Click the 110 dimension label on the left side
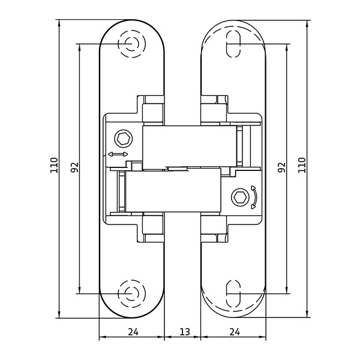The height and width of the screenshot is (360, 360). point(53,166)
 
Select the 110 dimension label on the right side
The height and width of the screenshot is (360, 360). point(302,166)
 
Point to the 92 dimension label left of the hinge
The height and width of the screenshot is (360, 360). point(74,167)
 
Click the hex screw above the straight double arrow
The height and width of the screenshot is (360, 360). point(124,139)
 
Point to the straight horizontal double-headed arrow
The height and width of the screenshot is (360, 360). point(118,155)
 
